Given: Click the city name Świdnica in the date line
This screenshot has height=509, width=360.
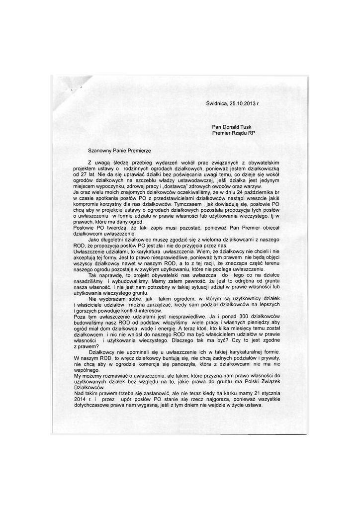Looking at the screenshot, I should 216,104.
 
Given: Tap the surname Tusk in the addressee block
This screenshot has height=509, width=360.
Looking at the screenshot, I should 249,127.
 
